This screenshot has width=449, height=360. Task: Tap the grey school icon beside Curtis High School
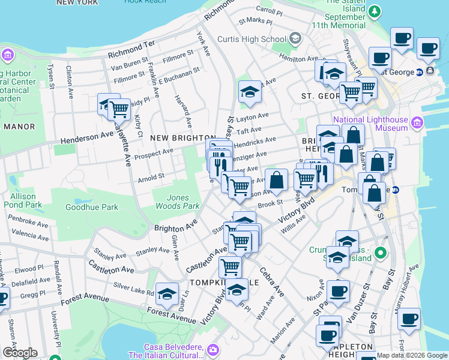click(295, 40)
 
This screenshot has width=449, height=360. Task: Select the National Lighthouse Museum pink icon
click(418, 123)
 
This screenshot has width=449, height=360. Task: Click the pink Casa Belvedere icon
click(212, 349)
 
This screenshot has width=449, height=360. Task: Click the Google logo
click(19, 353)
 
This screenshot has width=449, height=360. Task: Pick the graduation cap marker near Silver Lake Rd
click(167, 293)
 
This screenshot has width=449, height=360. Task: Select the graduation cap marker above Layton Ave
click(250, 92)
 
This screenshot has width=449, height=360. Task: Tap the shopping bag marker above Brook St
click(276, 179)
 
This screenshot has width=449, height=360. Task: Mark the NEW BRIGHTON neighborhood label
click(182, 138)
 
